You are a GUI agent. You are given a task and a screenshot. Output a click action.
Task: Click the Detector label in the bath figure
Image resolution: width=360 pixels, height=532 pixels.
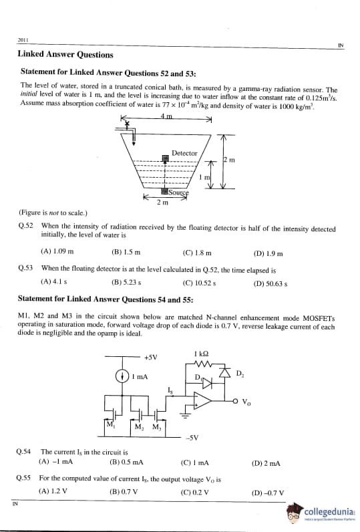[x=184, y=153]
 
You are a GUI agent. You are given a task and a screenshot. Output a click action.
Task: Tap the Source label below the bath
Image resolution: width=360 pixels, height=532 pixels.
[x=178, y=192]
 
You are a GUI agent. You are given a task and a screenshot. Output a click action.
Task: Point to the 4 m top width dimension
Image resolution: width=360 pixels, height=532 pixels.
[x=166, y=116]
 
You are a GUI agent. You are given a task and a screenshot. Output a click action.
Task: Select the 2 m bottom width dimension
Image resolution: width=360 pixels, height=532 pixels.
[x=162, y=203]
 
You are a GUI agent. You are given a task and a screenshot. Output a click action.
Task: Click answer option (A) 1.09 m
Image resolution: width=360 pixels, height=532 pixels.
[x=57, y=251]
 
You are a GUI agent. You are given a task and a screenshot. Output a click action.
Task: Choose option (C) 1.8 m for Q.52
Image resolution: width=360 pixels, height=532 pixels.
[x=196, y=253]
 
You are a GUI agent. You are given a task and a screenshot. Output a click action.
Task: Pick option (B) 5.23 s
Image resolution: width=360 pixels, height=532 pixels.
[x=126, y=282]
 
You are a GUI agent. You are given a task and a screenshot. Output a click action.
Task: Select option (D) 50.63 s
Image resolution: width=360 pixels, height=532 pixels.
[x=271, y=283]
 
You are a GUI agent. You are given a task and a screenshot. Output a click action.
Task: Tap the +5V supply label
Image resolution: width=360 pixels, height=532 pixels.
[x=150, y=358]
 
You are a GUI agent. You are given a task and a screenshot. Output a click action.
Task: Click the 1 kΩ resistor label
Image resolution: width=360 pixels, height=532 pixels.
[x=201, y=354]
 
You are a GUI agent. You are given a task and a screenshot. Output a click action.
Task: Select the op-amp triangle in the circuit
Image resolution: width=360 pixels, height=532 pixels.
[x=201, y=400]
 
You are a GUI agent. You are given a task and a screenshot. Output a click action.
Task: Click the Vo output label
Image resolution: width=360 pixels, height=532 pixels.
[x=246, y=402]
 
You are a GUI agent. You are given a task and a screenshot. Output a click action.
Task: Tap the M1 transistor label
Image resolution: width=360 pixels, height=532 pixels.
[x=110, y=424]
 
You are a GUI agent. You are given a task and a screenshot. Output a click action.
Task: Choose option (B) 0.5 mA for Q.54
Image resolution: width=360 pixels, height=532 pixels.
[x=126, y=462]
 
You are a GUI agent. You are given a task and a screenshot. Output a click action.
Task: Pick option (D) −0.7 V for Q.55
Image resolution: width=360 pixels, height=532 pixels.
[x=268, y=493]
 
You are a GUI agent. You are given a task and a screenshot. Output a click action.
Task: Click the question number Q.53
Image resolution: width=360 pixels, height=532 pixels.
[x=25, y=268]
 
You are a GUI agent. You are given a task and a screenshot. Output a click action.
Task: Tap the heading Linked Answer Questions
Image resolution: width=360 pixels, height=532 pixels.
[x=65, y=54]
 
